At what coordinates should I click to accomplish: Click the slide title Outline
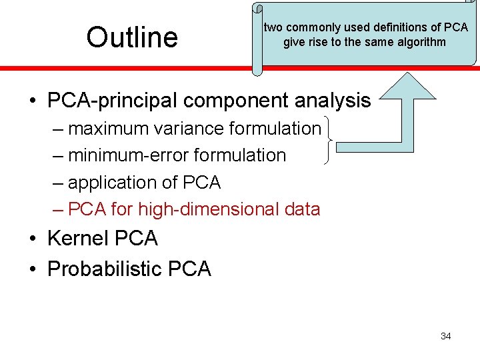132,37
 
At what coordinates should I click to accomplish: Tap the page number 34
446,336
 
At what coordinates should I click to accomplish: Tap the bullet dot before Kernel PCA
33,239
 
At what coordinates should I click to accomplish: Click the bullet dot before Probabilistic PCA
33,269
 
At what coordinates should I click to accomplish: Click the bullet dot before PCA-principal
33,101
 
